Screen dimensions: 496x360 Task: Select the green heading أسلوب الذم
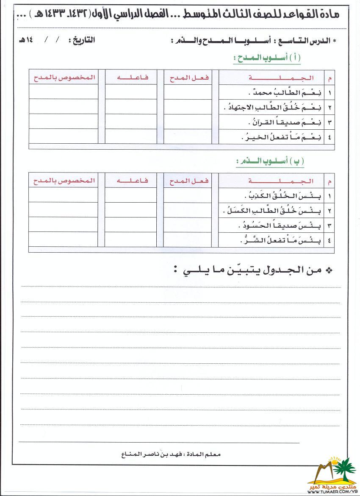(x=270, y=162)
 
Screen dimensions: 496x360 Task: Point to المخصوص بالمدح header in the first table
(x=64, y=78)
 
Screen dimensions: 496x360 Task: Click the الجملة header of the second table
(x=281, y=181)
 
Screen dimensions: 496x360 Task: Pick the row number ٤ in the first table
(x=330, y=137)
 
